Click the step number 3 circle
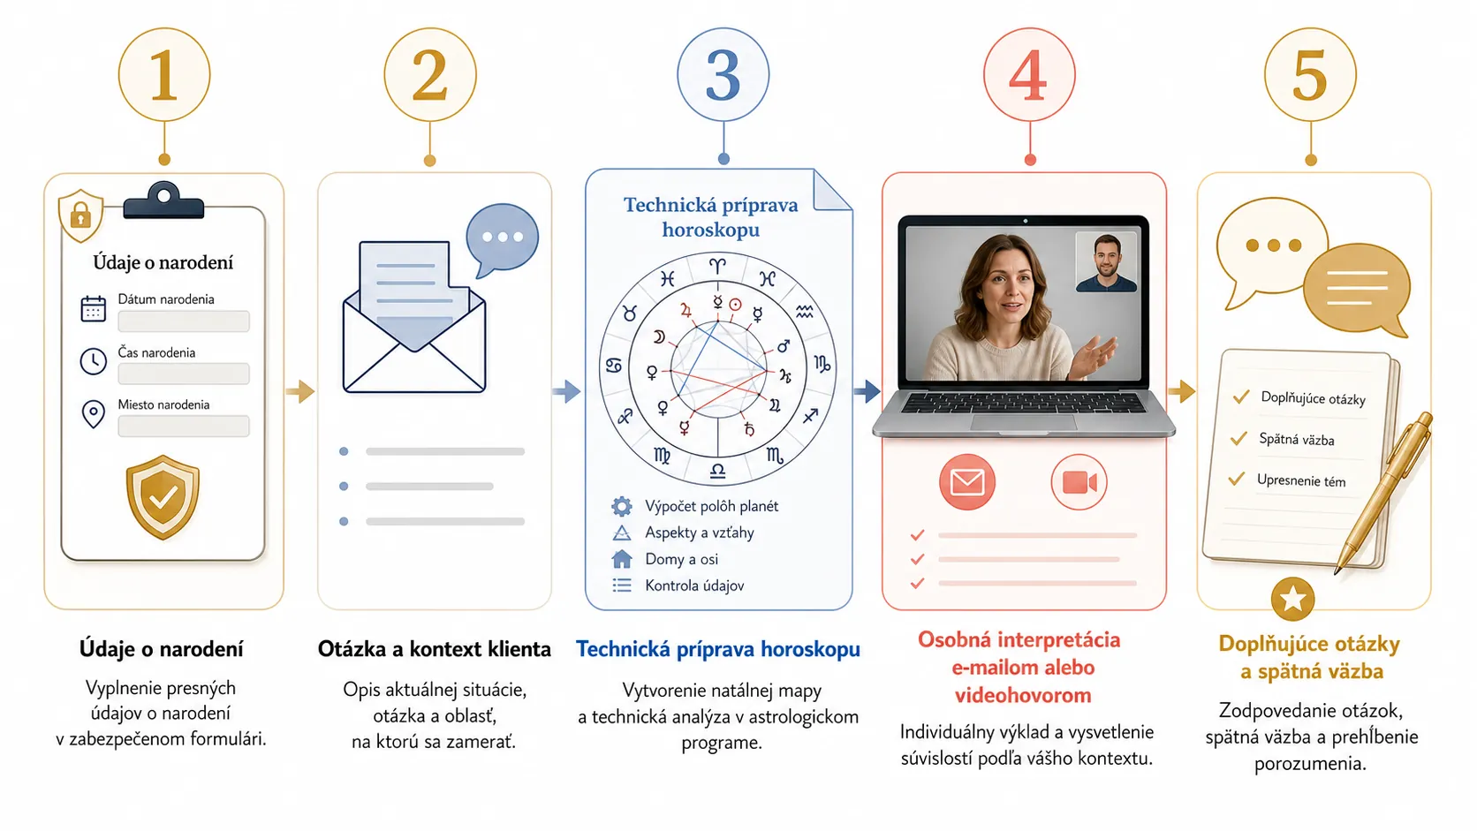(x=723, y=74)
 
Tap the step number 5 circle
(x=1310, y=74)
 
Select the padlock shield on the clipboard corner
(x=80, y=215)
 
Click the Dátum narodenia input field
(x=184, y=321)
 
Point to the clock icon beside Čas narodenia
(x=93, y=362)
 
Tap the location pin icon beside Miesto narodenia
(x=93, y=414)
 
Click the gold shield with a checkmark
(x=163, y=497)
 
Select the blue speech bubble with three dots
(x=502, y=239)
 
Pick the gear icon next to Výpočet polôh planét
(x=621, y=506)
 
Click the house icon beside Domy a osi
(x=621, y=559)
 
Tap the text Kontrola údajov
(x=694, y=585)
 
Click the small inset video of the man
(x=1107, y=261)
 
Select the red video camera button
(x=1079, y=482)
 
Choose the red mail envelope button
(x=967, y=481)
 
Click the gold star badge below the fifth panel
(x=1292, y=599)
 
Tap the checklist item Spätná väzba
(x=1296, y=440)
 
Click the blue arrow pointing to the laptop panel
(x=867, y=391)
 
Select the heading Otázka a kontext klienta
(x=434, y=649)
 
